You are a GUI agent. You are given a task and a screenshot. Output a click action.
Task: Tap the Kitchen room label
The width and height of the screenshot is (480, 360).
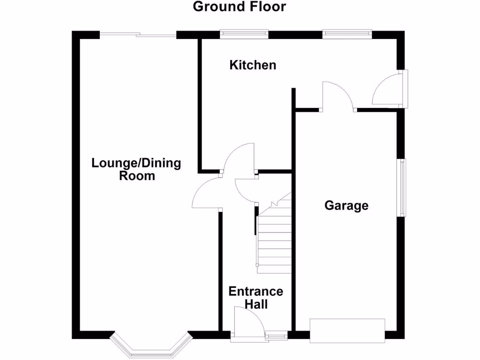click(x=253, y=65)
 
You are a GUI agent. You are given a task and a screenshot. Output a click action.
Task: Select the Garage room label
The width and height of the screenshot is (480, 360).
click(x=346, y=206)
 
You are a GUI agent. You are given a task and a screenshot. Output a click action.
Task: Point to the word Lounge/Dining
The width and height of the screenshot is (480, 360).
click(x=136, y=164)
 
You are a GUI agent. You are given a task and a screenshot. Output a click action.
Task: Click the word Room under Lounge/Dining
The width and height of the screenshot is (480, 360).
click(x=137, y=176)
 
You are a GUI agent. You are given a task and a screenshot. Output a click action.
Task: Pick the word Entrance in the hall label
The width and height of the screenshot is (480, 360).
click(x=256, y=292)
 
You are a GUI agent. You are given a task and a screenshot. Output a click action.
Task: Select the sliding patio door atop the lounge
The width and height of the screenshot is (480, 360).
click(x=138, y=35)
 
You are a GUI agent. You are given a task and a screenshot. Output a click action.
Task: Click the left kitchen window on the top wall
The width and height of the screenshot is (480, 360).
click(x=245, y=34)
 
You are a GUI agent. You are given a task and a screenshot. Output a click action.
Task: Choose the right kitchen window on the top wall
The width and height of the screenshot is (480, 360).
click(x=347, y=34)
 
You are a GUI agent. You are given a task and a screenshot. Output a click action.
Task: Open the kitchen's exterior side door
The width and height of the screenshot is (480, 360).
click(x=387, y=91)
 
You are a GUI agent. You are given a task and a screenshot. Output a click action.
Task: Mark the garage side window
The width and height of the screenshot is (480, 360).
click(x=402, y=187)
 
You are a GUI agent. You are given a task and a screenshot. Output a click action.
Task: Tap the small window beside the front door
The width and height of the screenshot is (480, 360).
click(x=277, y=335)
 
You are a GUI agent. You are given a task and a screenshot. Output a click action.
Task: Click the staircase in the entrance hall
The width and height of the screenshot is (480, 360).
click(x=274, y=239)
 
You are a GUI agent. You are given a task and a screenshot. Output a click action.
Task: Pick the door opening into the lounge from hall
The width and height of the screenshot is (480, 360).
click(x=207, y=194)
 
